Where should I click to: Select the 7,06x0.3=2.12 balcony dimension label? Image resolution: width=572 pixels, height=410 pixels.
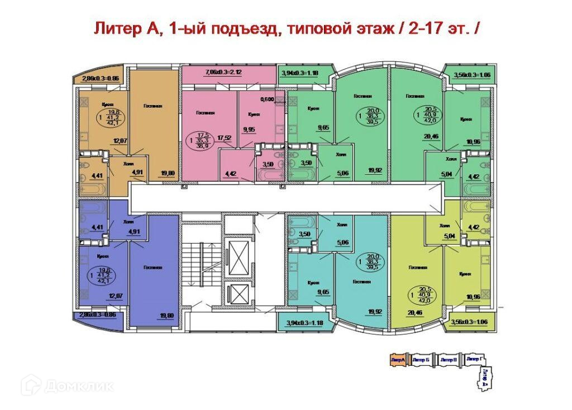pyautogui.click(x=208, y=72)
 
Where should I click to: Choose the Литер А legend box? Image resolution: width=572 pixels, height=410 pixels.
pyautogui.click(x=398, y=360)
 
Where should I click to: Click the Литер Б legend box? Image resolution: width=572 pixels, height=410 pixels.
pyautogui.click(x=422, y=360)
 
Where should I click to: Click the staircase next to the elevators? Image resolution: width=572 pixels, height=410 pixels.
pyautogui.click(x=201, y=274)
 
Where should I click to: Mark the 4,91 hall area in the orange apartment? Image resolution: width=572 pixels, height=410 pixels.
pyautogui.click(x=137, y=173)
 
